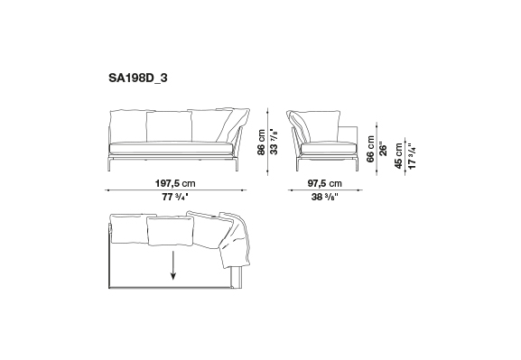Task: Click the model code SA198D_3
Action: (138, 78)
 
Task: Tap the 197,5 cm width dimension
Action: (175, 183)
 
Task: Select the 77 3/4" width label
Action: (175, 197)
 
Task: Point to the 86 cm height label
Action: (262, 143)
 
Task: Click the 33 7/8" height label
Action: (274, 142)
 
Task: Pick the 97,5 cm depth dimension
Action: (325, 183)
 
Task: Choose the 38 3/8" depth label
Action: (325, 197)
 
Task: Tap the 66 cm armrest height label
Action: (370, 149)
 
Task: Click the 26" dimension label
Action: (383, 150)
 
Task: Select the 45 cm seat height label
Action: (399, 156)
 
